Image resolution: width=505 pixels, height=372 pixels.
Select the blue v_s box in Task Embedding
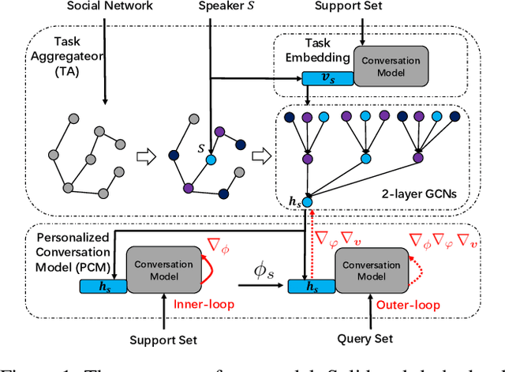[317, 79]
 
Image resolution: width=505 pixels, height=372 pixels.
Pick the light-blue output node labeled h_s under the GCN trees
[307, 203]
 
